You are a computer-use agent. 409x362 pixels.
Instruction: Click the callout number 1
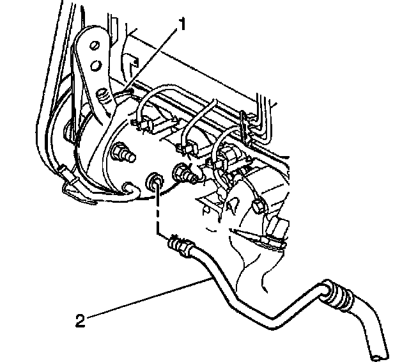(182, 25)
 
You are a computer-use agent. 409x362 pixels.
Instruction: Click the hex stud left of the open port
(123, 154)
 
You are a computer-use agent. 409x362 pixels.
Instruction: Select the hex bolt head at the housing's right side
(259, 206)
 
